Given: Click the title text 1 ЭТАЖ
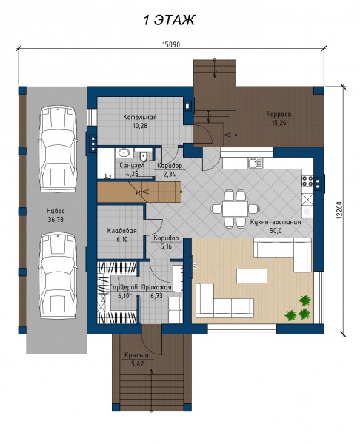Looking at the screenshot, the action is click(169, 21).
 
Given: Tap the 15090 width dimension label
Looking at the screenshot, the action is click(171, 44).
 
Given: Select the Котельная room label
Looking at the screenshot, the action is click(140, 117).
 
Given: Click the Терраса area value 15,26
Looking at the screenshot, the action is click(279, 123).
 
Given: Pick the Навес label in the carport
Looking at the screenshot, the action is click(56, 211).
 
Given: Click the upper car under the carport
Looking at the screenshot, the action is click(58, 149).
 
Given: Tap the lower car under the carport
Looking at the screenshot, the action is click(58, 276).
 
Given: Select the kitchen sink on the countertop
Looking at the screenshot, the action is click(256, 163).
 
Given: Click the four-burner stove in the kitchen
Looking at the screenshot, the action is click(307, 181).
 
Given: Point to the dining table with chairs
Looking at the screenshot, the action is click(235, 209).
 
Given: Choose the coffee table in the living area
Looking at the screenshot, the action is click(252, 276).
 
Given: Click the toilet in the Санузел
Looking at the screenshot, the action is click(144, 156).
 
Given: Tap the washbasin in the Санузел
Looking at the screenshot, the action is click(124, 153).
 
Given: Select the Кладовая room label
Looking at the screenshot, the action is click(122, 231).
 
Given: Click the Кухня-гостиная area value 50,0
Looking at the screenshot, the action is click(276, 230).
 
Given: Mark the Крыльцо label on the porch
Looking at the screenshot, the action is click(138, 355).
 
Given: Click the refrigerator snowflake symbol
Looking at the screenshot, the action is click(307, 211).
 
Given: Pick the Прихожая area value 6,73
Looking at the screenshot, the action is click(156, 296).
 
